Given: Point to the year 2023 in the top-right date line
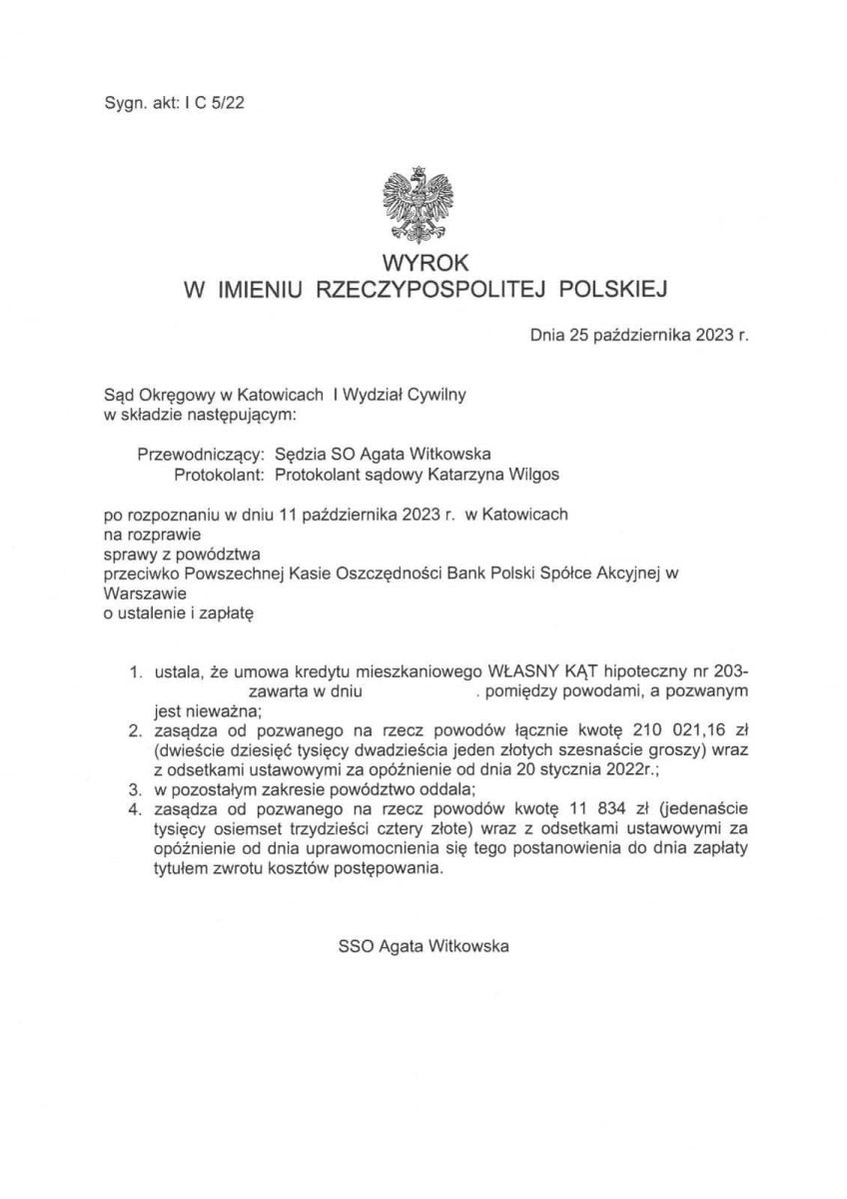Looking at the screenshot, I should pyautogui.click(x=711, y=338).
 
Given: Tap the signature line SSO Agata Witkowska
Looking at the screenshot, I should pyautogui.click(x=423, y=943).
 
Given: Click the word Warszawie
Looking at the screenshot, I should pyautogui.click(x=142, y=591).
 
